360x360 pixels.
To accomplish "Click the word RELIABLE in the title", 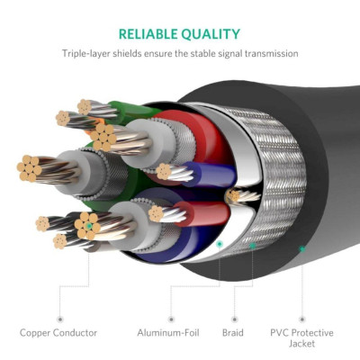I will [x=149, y=34].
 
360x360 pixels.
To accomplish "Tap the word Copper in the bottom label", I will [x=39, y=333].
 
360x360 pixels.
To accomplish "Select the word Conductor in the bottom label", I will [x=79, y=333].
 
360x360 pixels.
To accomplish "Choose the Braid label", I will [x=232, y=333].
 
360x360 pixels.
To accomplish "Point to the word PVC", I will [x=282, y=333].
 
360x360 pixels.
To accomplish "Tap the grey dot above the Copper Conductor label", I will [x=59, y=318].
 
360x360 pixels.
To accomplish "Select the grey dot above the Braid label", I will [x=232, y=318].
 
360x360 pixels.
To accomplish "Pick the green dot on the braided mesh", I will [x=253, y=245].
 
